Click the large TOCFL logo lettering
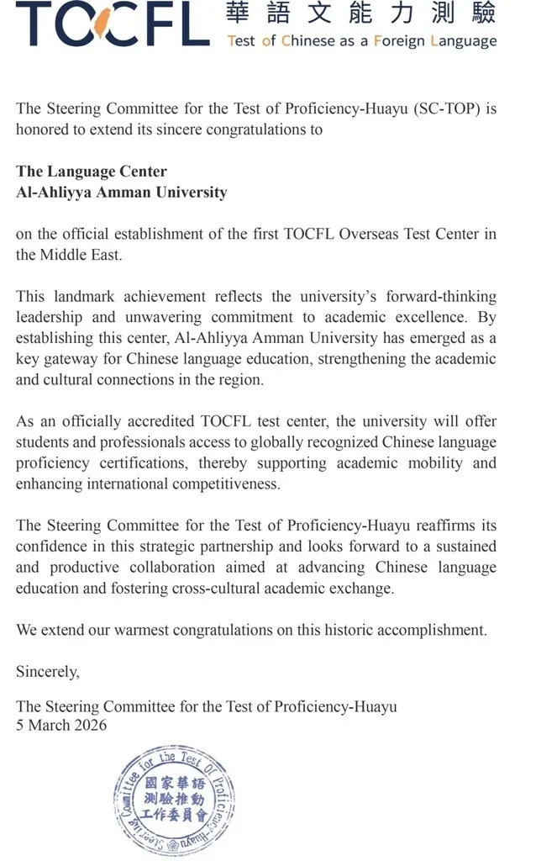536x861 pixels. (112, 24)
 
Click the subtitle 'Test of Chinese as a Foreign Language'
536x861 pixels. (361, 40)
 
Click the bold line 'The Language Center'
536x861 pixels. (92, 172)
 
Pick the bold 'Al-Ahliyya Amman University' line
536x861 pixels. (122, 193)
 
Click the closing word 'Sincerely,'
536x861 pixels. (48, 672)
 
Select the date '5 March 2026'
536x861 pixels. (62, 725)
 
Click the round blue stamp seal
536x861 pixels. (174, 799)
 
